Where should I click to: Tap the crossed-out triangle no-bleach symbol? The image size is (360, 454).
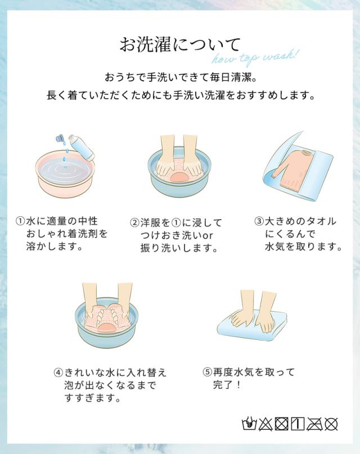264,423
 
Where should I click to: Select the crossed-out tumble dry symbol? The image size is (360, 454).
282,423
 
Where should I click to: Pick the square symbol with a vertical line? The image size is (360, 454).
299,423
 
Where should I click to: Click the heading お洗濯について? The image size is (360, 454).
180,44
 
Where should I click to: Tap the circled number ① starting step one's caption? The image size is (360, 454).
21,221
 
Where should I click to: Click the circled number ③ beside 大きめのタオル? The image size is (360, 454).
259,221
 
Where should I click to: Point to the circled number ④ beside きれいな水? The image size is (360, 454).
58,373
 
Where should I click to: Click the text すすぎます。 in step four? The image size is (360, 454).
92,398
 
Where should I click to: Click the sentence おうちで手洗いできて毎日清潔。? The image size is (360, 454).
180,76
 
